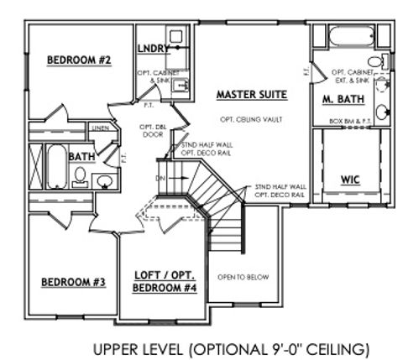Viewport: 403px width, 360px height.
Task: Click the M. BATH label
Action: [x=340, y=99]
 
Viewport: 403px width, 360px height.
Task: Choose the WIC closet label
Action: [x=351, y=180]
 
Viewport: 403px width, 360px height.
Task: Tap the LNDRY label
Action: [x=153, y=50]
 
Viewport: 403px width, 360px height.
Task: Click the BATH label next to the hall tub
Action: [x=81, y=157]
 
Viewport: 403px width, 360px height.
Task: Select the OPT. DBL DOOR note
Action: [x=152, y=130]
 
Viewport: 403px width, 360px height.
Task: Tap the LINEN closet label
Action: [x=100, y=128]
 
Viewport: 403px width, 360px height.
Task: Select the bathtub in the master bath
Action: [x=352, y=37]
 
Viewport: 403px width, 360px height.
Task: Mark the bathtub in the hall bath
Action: [x=55, y=167]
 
